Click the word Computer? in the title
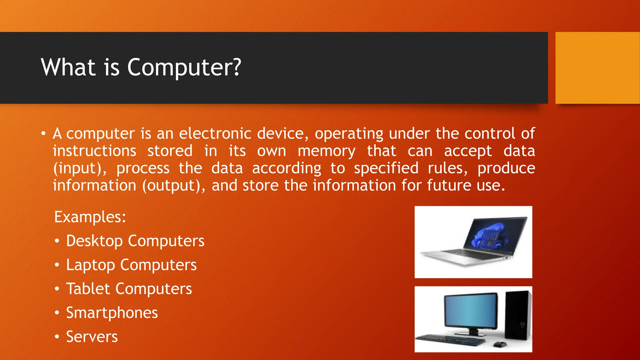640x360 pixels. point(184,67)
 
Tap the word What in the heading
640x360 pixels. point(68,67)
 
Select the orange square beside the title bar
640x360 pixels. point(597,68)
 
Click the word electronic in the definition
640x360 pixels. point(215,134)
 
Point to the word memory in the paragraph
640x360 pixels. point(326,151)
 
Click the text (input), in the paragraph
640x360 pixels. point(80,169)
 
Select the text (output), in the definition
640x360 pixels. point(174,186)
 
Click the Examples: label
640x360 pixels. point(90,217)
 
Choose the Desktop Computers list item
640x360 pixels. point(135,241)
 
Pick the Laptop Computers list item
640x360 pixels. point(131,265)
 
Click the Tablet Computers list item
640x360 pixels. point(129,289)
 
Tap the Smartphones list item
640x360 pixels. point(112,313)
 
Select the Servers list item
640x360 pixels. point(92,337)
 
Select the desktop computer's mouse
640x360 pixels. point(499,344)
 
